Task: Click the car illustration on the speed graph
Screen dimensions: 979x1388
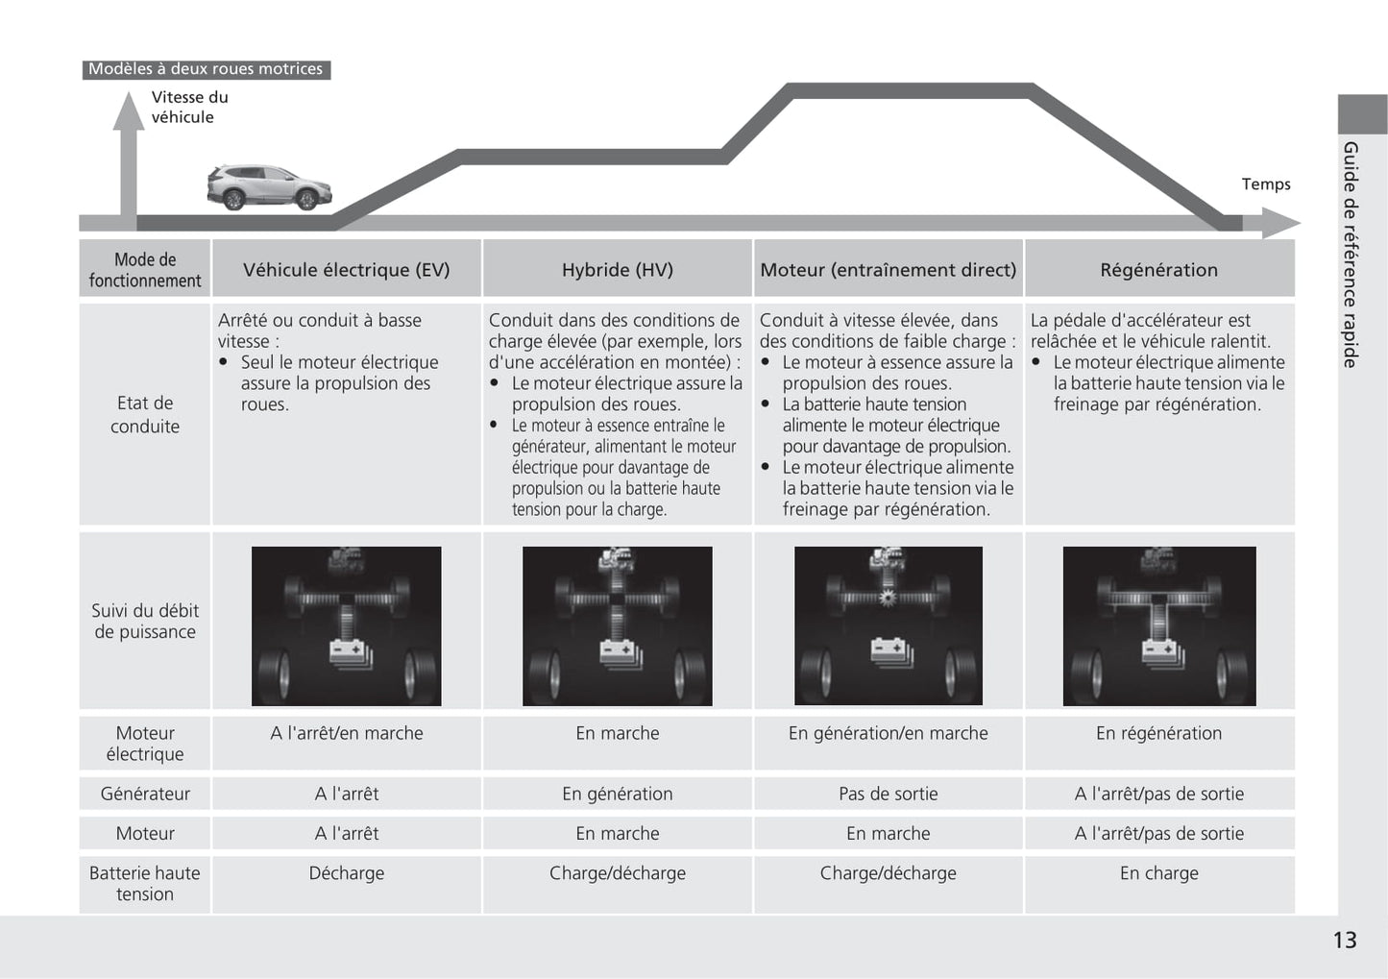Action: click(269, 187)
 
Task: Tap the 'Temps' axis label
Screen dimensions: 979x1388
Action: click(1265, 184)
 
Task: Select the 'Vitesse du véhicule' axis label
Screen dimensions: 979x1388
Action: click(189, 107)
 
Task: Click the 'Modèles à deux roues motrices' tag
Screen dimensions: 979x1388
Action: click(206, 69)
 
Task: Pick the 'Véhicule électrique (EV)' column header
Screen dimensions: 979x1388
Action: click(346, 270)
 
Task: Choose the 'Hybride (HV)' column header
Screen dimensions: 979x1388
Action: click(617, 270)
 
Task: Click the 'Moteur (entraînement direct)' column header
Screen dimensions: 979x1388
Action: click(888, 270)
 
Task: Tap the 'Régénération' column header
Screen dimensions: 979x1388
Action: click(1158, 270)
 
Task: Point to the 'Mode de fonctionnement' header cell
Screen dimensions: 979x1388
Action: click(145, 270)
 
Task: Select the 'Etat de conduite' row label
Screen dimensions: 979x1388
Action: click(145, 414)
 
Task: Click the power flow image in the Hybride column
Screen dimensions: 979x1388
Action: click(617, 625)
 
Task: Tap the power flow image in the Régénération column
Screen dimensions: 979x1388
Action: click(1158, 625)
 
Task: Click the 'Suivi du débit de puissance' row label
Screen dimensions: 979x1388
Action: click(145, 621)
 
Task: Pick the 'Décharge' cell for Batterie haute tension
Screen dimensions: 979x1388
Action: click(346, 873)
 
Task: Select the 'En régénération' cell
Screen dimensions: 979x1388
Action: click(1158, 733)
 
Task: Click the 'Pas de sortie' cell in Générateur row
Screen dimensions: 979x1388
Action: click(888, 794)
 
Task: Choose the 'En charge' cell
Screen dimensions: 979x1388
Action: click(1158, 873)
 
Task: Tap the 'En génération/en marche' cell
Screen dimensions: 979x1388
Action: click(888, 733)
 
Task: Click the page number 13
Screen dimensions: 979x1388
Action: click(1344, 941)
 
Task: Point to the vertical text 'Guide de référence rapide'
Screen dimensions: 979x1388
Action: click(1351, 255)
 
